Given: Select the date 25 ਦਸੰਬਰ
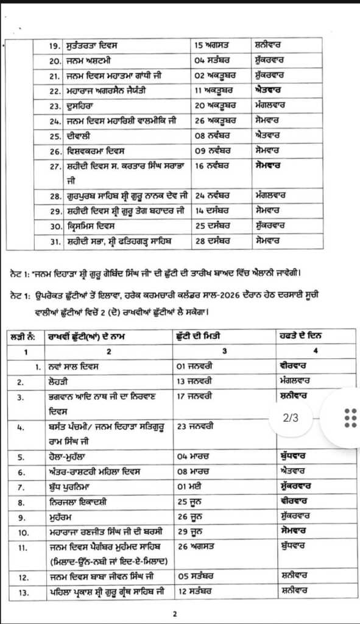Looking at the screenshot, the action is click(213, 225).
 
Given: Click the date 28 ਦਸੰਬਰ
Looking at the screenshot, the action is click(213, 241).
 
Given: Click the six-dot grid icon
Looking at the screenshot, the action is click(350, 418).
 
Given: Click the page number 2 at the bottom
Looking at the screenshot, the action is click(175, 614).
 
